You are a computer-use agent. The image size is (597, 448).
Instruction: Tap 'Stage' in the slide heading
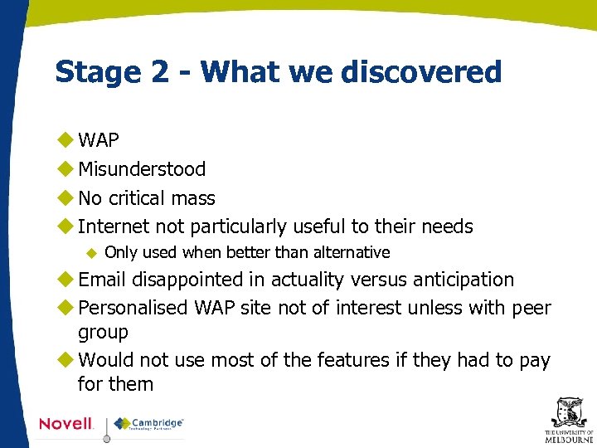(94, 72)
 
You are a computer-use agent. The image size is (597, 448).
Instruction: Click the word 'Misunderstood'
(142, 169)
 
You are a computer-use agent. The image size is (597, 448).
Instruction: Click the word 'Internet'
(114, 226)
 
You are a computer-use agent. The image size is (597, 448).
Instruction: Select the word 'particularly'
(240, 226)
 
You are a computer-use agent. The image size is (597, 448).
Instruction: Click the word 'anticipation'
(459, 280)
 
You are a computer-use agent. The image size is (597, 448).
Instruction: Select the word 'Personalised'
(133, 309)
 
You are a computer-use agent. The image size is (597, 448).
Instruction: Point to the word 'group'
(103, 333)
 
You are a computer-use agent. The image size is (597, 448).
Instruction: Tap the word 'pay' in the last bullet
(535, 360)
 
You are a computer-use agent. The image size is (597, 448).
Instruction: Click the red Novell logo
(66, 424)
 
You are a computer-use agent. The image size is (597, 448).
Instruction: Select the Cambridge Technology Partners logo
(149, 424)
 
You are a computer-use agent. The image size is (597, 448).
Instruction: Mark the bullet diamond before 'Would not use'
(66, 360)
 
